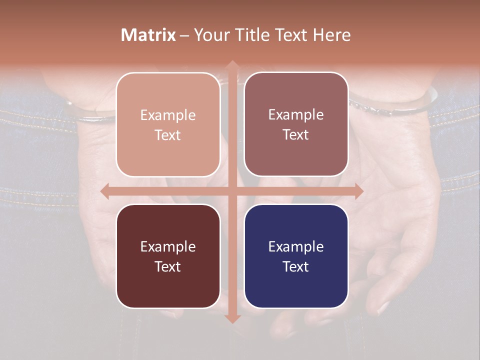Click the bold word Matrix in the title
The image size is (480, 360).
point(148,35)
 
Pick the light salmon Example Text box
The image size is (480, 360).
point(168,124)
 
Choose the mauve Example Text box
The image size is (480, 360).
point(296,124)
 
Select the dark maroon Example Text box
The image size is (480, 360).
point(168,256)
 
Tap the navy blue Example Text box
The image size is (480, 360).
point(296,256)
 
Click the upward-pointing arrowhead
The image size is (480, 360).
point(232,65)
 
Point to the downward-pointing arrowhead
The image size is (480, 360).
point(232,318)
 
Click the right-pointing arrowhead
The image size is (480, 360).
point(358,191)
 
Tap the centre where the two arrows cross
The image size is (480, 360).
point(232,191)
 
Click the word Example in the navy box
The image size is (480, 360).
point(296,246)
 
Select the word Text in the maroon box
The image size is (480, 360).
point(168,266)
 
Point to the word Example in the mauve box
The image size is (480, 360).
point(296,114)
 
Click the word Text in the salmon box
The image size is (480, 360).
point(168,135)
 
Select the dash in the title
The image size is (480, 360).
point(184,35)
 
